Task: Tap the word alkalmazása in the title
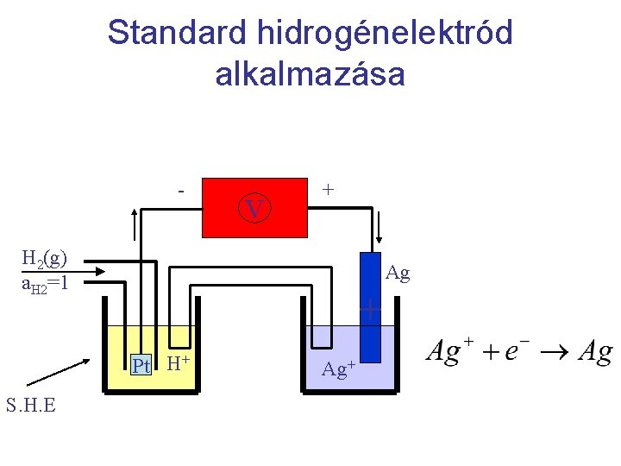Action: point(310,75)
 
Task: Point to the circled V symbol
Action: point(254,209)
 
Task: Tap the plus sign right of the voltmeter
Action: point(328,189)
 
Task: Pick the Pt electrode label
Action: point(141,366)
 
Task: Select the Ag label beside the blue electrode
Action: point(398,274)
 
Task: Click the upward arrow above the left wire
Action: point(133,227)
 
